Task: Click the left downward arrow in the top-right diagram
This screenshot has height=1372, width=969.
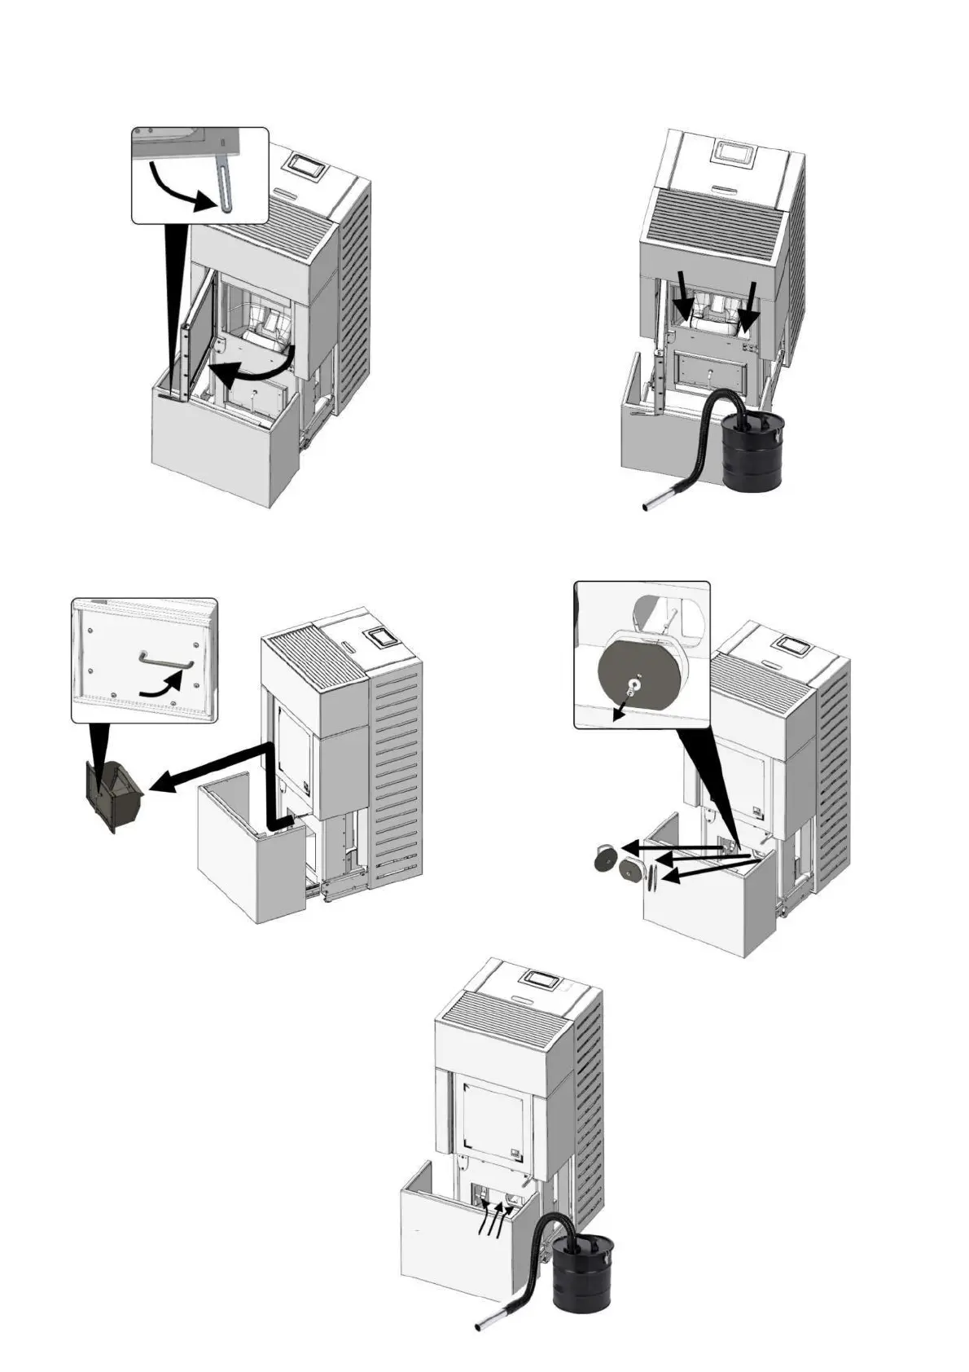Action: tap(684, 303)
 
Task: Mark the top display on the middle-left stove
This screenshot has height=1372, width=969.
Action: tap(380, 638)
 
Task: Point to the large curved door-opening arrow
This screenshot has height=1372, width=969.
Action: tap(252, 371)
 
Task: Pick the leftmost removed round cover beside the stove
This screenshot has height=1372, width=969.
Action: tap(606, 860)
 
